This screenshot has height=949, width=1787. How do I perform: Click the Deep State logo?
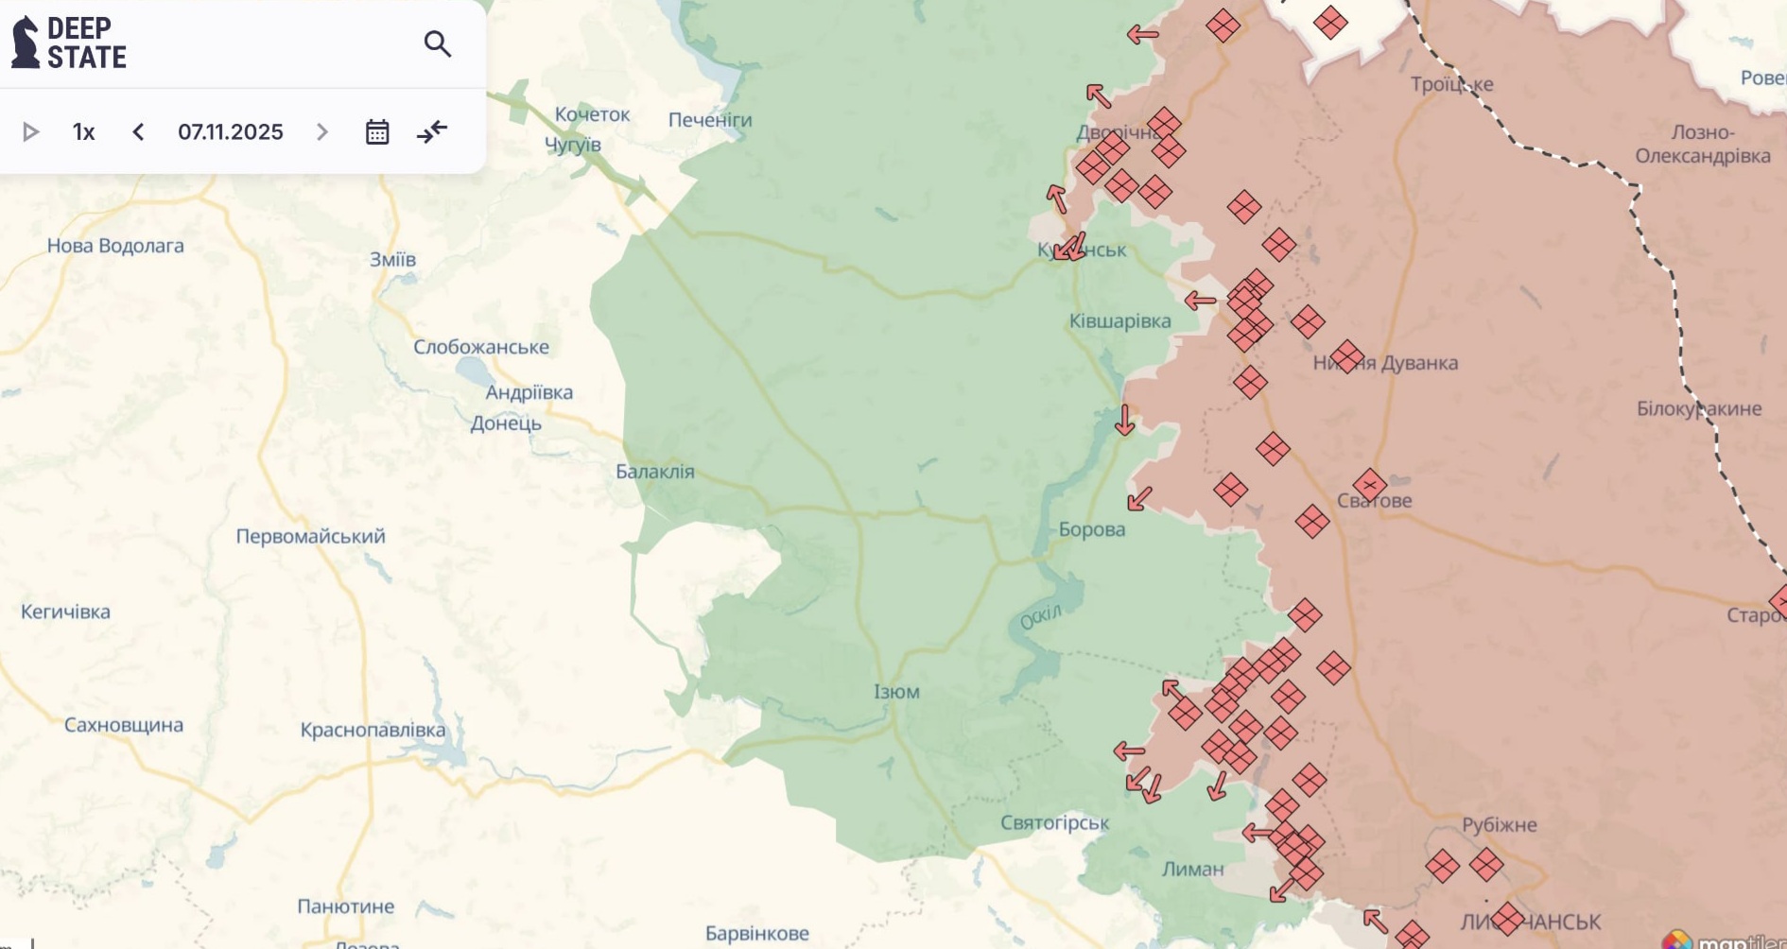pos(68,43)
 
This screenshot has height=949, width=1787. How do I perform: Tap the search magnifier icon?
pos(437,43)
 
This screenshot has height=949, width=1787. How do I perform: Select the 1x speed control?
pos(83,132)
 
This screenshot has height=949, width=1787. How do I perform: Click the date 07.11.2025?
pos(231,132)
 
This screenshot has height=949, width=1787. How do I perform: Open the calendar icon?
pos(377,132)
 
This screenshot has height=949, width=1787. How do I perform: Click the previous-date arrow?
pos(138,132)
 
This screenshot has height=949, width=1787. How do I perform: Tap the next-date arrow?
pos(322,132)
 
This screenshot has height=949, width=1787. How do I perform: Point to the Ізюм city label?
pos(896,692)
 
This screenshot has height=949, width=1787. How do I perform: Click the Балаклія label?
pos(654,472)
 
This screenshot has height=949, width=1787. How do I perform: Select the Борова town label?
pos(1092,529)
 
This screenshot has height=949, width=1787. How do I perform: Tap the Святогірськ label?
pos(1054,823)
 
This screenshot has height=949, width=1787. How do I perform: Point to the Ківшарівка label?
pos(1119,321)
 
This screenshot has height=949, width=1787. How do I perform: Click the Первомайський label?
pos(310,537)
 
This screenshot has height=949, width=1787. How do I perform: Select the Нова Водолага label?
pos(115,246)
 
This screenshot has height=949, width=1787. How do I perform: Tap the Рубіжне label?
pos(1500,825)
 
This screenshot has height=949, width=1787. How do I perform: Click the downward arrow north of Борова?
pos(1124,420)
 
